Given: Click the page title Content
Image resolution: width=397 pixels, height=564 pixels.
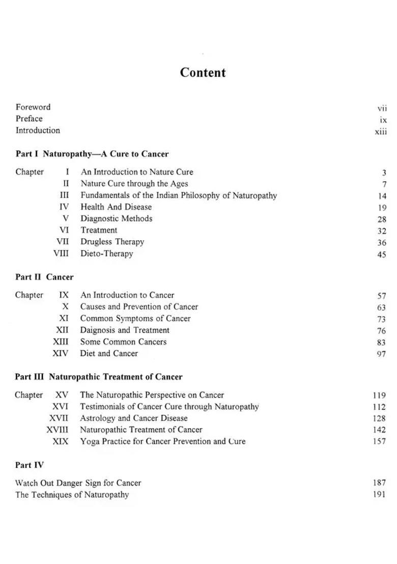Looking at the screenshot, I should point(203,72).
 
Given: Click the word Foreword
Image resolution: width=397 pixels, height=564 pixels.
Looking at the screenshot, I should point(33,107).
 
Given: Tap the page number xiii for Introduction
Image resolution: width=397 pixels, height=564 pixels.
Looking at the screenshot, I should point(381,131).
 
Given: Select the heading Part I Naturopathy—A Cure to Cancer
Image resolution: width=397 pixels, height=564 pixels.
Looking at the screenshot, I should point(92,154).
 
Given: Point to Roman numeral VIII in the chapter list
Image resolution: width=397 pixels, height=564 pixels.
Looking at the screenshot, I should point(61,253).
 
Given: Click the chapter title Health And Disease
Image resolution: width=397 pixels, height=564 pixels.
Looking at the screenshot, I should point(116,207).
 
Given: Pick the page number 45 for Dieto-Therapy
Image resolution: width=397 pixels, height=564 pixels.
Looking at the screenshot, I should point(382,255).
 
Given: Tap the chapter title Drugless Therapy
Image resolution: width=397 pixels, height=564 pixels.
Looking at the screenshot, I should point(112,242).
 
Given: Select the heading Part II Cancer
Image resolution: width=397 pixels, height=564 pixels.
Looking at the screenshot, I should point(44,277).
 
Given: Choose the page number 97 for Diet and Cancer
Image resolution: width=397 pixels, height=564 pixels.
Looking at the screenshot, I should point(381,354).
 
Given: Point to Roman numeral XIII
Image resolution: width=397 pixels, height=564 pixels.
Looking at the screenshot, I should point(61,342).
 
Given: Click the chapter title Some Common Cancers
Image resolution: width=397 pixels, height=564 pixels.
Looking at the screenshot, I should point(123,342).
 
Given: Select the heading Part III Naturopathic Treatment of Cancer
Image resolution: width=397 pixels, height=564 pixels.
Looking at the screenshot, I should point(99,377).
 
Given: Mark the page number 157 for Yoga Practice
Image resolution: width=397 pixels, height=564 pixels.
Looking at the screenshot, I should point(379,441).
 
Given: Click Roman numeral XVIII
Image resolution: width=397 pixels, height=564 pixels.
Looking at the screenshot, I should point(57,430).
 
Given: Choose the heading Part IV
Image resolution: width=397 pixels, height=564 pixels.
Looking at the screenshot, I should point(30,465).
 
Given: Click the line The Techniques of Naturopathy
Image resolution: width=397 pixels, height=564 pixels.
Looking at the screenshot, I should point(72,494).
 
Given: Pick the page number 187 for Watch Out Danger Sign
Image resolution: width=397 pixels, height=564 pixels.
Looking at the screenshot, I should point(379,483).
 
